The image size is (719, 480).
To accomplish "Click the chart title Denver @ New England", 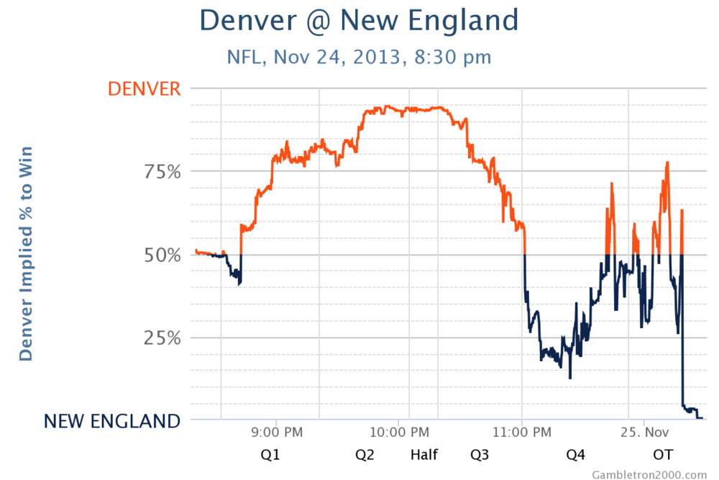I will tap(358, 20).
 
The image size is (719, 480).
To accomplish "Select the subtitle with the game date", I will tap(359, 57).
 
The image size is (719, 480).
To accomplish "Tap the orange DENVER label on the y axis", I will tap(144, 89).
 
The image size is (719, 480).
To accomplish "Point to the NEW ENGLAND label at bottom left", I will tap(112, 421).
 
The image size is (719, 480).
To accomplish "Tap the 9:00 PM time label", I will tap(277, 433).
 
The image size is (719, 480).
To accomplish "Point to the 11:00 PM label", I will tap(523, 433).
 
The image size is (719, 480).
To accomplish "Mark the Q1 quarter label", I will tap(270, 455).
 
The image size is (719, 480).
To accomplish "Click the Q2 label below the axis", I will tap(365, 455).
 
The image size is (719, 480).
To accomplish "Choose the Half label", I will tap(423, 455).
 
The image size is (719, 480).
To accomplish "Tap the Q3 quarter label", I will tap(480, 455).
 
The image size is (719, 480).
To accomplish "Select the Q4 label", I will tap(576, 455).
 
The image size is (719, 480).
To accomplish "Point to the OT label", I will tap(663, 455).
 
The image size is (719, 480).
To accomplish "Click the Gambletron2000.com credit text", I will tap(649, 474).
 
